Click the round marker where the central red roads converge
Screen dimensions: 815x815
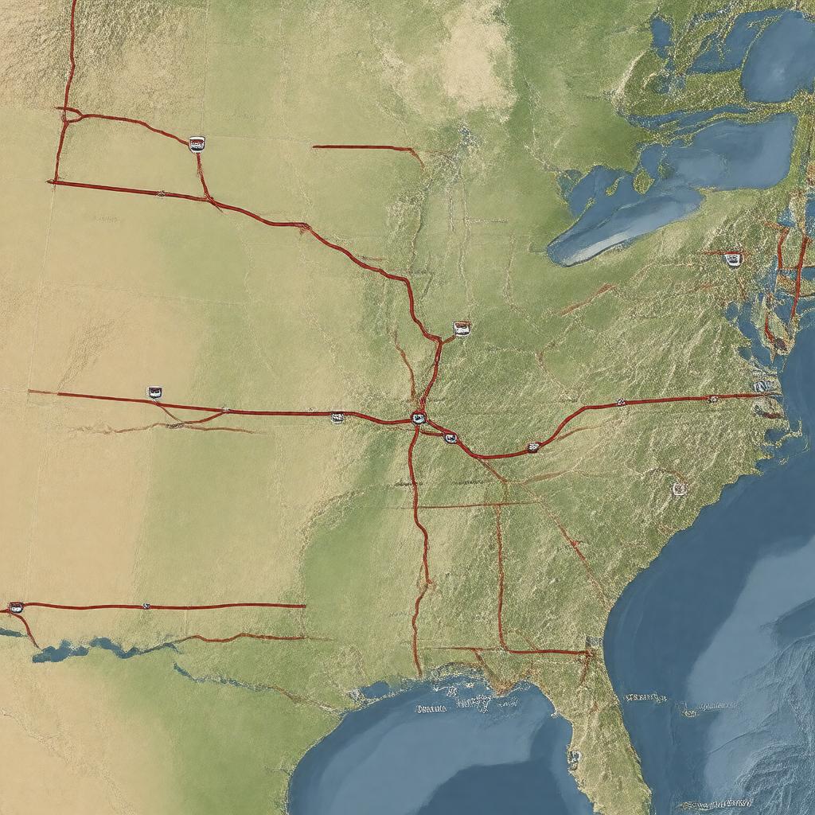coord(419,417)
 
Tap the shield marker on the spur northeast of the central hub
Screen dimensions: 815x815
coord(462,328)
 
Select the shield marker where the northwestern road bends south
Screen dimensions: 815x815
coord(197,144)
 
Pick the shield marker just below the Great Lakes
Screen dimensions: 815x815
coord(733,259)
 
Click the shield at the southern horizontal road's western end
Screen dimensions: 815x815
coord(15,607)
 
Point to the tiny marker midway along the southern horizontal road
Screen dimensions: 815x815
coord(146,606)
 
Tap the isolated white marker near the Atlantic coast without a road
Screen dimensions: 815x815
coord(679,489)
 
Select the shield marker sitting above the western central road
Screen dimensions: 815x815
coord(154,392)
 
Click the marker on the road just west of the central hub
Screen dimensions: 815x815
coord(337,416)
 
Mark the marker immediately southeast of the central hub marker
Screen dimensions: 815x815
coord(450,438)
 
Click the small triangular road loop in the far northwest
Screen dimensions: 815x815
coord(69,115)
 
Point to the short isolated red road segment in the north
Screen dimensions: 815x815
coord(366,148)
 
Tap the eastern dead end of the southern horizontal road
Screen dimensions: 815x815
coord(304,606)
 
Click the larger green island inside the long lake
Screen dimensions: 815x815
coord(643,181)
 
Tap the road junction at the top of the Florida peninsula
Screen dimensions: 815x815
coord(589,653)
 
